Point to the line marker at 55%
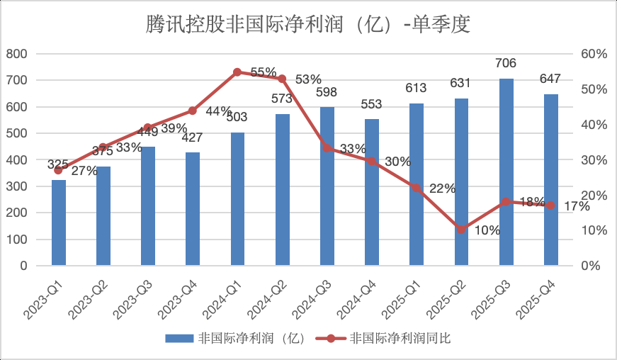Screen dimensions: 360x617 [x=237, y=72]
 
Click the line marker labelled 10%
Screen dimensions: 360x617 [x=462, y=230]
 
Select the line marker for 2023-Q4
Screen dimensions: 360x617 [x=193, y=111]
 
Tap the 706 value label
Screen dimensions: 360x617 [x=506, y=64]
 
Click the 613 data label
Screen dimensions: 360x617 [x=417, y=88]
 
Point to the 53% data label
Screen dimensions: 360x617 [x=308, y=79]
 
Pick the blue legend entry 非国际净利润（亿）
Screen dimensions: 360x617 [x=236, y=339]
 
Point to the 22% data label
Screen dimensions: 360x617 [x=442, y=188]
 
